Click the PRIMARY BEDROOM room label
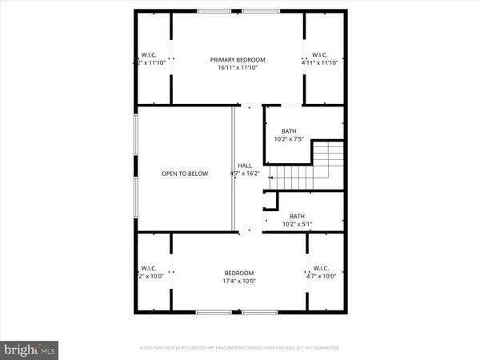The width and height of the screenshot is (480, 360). [238, 60]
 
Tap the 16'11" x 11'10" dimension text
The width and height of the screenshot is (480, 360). [238, 68]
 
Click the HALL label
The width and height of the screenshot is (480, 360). [244, 166]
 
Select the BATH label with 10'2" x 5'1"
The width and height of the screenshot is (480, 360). [297, 216]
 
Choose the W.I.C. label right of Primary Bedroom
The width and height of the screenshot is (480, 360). [323, 54]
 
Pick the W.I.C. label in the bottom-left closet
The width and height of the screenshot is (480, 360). [150, 268]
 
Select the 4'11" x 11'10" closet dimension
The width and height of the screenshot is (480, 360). [323, 62]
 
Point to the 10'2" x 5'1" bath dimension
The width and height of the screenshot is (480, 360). [297, 224]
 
